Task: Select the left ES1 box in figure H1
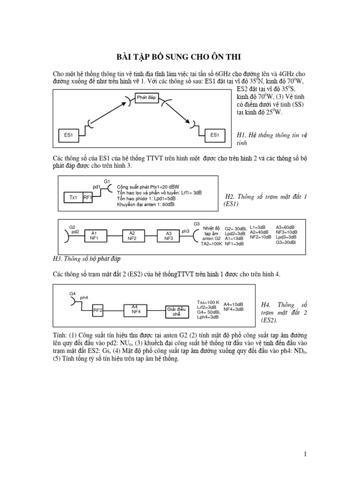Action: [x=69, y=135]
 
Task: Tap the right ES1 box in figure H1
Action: [x=215, y=135]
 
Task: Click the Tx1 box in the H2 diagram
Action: [x=73, y=198]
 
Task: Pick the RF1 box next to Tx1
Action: [x=88, y=198]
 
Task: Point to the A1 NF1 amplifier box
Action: [x=94, y=235]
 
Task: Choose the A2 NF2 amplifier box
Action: [x=132, y=235]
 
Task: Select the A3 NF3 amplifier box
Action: [x=168, y=235]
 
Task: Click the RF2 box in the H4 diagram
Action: [x=97, y=310]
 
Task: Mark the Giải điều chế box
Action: [x=177, y=311]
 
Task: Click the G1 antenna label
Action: [x=107, y=181]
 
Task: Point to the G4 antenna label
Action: [x=72, y=293]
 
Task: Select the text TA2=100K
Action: [x=211, y=244]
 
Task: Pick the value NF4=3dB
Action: [x=233, y=309]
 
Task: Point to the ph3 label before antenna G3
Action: [x=185, y=231]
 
